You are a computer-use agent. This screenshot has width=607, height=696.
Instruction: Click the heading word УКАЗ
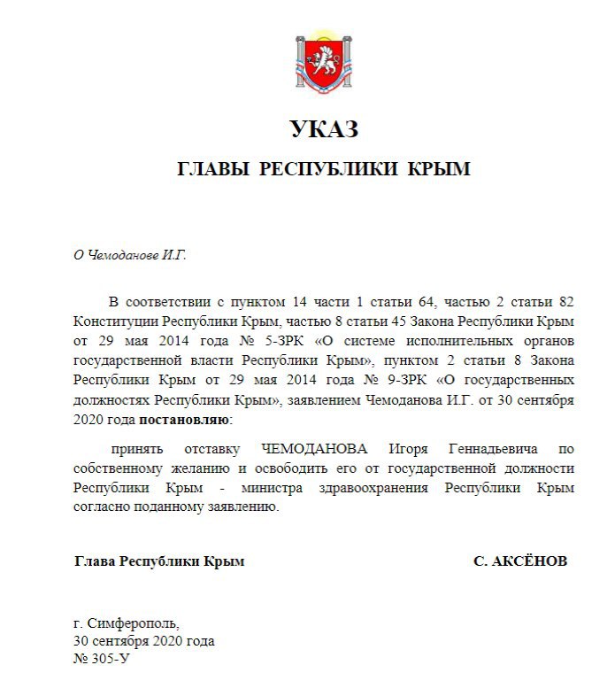[x=324, y=129]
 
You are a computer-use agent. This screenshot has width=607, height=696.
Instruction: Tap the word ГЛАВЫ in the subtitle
[x=211, y=169]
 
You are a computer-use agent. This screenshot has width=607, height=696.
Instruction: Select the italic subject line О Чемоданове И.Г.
[x=130, y=254]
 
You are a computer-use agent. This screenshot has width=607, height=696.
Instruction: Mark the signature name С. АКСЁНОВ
[x=521, y=561]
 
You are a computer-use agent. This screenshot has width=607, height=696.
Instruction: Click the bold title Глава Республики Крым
[x=158, y=561]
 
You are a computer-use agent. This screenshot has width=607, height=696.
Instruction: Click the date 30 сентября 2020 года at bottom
[x=143, y=642]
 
